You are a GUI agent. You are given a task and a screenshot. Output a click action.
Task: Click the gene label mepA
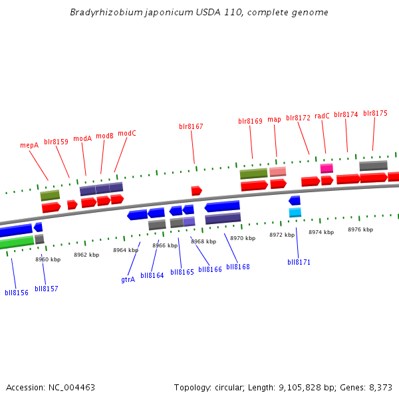click(x=29, y=145)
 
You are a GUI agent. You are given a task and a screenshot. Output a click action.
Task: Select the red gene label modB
click(x=105, y=136)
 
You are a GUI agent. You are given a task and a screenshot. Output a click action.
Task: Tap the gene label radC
click(x=322, y=116)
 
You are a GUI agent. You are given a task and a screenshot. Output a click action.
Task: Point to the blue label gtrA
click(x=128, y=279)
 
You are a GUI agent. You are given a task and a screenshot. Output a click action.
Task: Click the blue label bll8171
click(x=299, y=262)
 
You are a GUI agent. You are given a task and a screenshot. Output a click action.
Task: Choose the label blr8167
click(x=191, y=126)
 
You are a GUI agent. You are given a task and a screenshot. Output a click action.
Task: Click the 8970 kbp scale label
click(x=243, y=238)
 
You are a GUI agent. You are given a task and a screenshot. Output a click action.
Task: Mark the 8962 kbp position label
click(x=86, y=255)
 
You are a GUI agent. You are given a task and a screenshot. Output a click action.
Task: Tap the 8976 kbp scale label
click(x=360, y=229)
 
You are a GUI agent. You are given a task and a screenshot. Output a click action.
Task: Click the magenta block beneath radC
click(x=327, y=168)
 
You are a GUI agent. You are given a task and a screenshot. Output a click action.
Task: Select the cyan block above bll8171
click(x=295, y=212)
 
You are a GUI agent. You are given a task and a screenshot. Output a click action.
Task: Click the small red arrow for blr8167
click(x=196, y=191)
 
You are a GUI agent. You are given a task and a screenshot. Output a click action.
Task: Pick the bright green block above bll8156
click(x=17, y=242)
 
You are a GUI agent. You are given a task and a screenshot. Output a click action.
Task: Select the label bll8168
click(x=238, y=267)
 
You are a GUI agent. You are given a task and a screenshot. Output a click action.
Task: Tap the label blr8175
click(x=375, y=114)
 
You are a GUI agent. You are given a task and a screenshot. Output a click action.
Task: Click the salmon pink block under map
click(x=278, y=172)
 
